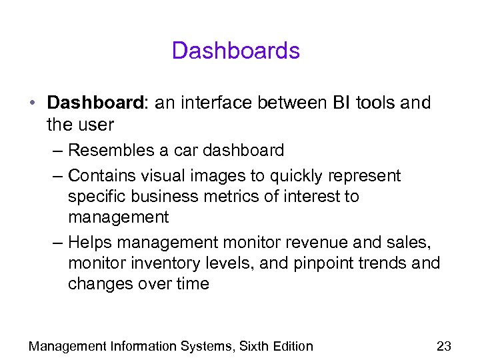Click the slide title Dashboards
[x=236, y=51]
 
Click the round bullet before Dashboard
[x=33, y=104]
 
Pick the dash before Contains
[x=56, y=176]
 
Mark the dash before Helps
[x=56, y=243]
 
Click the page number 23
[x=443, y=346]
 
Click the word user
[x=97, y=125]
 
